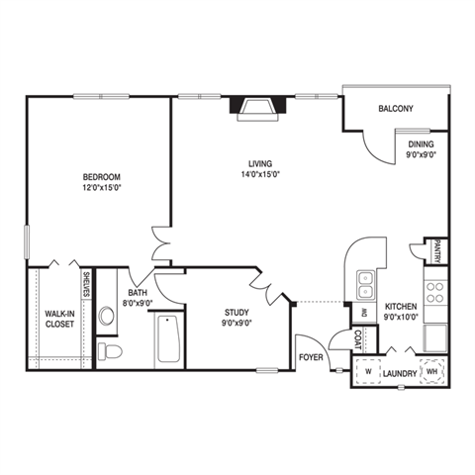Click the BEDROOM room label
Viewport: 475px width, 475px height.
click(x=101, y=177)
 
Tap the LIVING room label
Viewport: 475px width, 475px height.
click(x=260, y=163)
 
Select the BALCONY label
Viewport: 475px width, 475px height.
click(x=395, y=109)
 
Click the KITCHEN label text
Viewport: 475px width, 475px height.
click(x=401, y=307)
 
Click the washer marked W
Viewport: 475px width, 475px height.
click(x=368, y=373)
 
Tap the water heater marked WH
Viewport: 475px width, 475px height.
click(x=431, y=373)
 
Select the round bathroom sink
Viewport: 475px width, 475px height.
click(x=107, y=317)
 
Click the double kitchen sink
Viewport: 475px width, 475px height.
click(x=365, y=285)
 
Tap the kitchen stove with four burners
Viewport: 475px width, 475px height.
click(x=433, y=291)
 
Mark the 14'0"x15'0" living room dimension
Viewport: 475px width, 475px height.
click(x=260, y=175)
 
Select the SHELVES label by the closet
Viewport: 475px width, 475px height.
click(x=87, y=284)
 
